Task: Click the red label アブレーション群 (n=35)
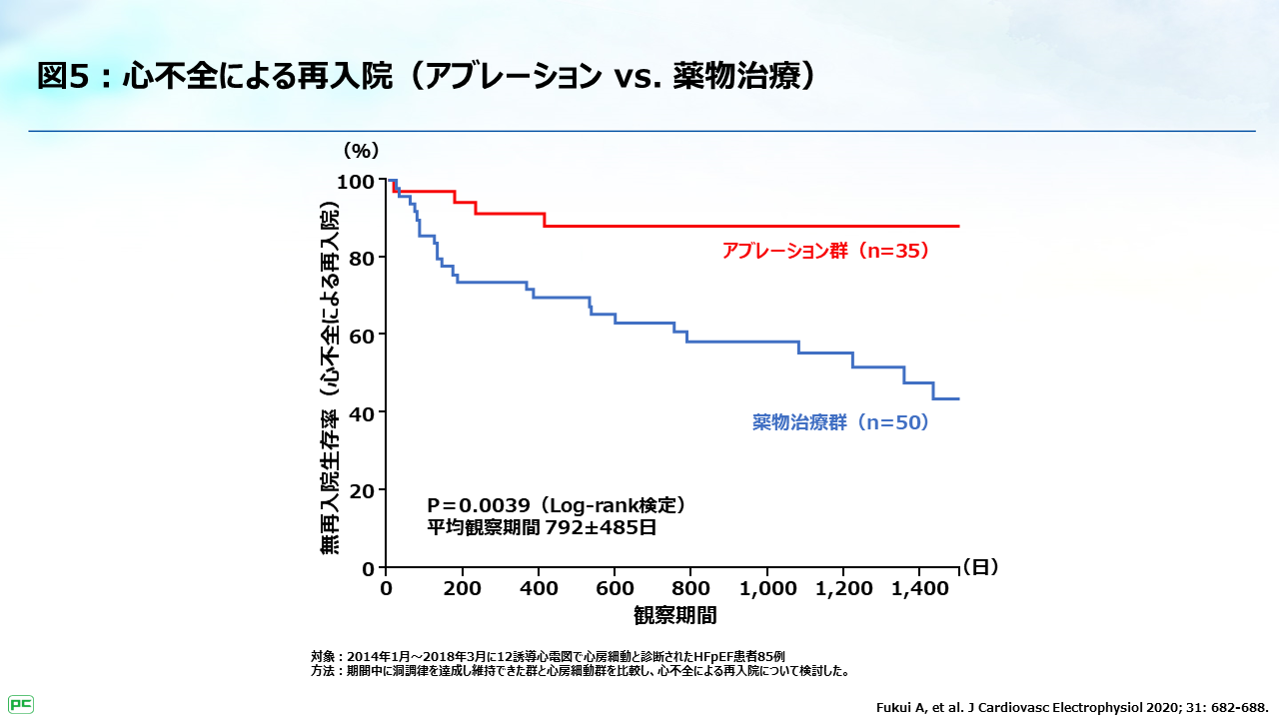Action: click(826, 251)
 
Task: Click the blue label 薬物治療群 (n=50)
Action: click(841, 422)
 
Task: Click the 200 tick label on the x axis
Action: click(463, 589)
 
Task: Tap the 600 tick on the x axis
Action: click(616, 589)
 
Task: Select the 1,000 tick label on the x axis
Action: click(767, 589)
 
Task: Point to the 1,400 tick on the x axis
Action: click(920, 589)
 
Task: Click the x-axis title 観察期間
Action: click(674, 613)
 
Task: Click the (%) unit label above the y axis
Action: click(362, 151)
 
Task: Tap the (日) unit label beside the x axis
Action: click(980, 566)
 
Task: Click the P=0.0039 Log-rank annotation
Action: click(556, 505)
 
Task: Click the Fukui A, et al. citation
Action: click(1072, 706)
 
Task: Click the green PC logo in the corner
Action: click(21, 704)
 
